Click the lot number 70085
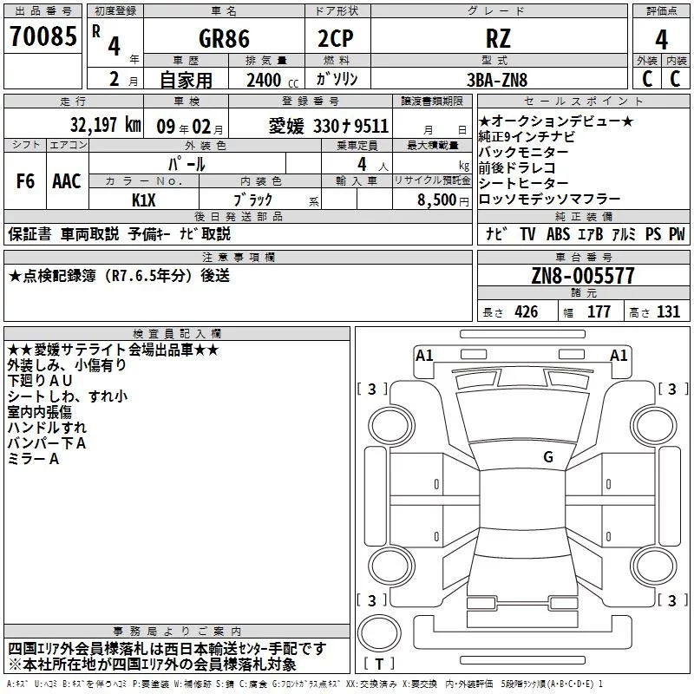[41, 37]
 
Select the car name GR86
[224, 39]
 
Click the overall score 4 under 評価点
[661, 39]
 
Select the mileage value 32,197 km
[105, 125]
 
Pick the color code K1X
[143, 199]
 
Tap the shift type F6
[26, 181]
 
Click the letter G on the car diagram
[547, 456]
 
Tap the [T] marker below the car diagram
[379, 665]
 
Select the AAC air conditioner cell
[67, 181]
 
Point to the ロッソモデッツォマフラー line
[549, 199]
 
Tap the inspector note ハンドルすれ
[47, 428]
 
